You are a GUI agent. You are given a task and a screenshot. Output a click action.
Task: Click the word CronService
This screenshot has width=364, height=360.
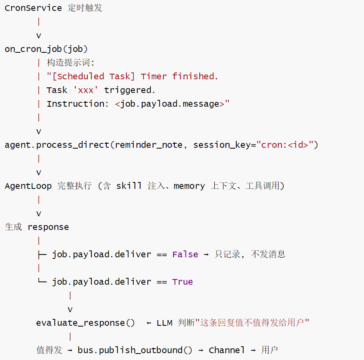coord(33,8)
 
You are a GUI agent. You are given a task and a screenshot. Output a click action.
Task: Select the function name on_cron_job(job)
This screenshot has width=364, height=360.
coord(46,49)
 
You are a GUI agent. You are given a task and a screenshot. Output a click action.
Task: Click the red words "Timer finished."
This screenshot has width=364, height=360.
coord(179,77)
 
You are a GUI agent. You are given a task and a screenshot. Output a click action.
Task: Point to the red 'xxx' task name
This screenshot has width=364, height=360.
coord(86,90)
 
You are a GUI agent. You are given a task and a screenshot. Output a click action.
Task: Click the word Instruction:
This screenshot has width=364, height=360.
coord(78,104)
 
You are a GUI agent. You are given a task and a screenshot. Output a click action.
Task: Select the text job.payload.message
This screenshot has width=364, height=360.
coord(170,104)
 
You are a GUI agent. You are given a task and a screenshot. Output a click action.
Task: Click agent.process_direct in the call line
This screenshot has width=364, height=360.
coord(57,145)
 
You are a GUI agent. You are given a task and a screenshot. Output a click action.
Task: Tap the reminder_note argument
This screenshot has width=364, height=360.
coord(149,145)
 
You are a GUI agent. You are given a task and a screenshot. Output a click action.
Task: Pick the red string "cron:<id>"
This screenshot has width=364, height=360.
coord(284,145)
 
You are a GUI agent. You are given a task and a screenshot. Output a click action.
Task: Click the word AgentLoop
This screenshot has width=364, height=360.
coord(28,186)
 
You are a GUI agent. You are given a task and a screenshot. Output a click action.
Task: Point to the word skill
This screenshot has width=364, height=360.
coord(129,186)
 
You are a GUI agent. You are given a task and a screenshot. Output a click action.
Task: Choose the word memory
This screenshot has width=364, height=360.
coord(189,186)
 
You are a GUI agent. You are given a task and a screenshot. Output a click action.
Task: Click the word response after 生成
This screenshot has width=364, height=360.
coord(48,227)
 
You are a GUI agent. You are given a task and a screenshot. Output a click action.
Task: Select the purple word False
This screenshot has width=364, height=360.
coord(185,254)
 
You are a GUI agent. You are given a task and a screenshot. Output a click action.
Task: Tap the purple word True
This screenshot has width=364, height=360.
coord(182,282)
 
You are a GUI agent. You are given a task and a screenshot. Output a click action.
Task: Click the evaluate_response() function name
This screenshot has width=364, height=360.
coord(85,323)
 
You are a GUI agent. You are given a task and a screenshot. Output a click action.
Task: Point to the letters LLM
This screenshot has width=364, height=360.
coord(165,323)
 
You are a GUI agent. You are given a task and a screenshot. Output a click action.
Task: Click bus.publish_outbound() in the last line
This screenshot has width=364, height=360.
coord(135,350)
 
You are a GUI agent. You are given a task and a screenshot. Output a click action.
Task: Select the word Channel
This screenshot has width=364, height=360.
coord(227,350)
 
